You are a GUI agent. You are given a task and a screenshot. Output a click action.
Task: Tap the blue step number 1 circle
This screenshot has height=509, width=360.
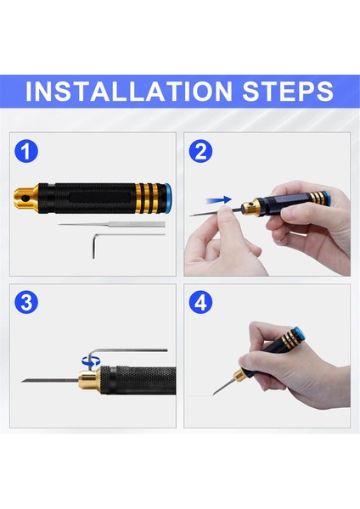pos(28,152)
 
